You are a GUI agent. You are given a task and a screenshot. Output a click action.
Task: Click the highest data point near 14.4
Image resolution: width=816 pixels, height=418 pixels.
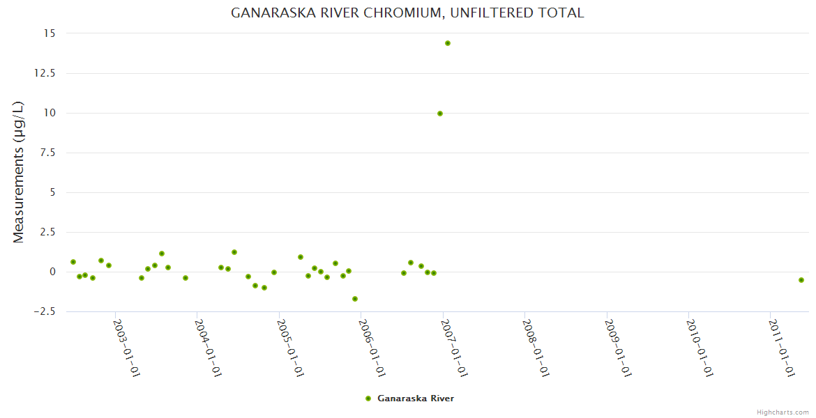[448, 43]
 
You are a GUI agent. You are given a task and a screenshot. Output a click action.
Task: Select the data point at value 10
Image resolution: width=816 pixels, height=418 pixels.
[440, 114]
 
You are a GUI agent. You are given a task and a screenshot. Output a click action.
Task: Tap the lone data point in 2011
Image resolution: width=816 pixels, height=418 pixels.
[801, 280]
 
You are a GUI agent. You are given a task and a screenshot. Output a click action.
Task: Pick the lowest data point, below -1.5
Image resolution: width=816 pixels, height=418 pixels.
[355, 299]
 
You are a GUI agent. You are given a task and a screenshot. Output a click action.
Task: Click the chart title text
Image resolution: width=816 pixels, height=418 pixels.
[407, 13]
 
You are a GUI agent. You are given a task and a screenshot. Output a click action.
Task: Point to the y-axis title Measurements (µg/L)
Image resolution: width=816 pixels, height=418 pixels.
[19, 172]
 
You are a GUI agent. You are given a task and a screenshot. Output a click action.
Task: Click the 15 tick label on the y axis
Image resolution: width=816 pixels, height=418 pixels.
[49, 33]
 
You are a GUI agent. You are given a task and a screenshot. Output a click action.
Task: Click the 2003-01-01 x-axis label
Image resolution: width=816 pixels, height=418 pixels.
[127, 348]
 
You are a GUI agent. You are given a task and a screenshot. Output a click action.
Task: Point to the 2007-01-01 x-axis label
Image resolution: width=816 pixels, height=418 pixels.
[454, 348]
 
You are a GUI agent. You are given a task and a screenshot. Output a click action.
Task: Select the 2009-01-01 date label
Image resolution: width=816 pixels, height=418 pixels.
[618, 348]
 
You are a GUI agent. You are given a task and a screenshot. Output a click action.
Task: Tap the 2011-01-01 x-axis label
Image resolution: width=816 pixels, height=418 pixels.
[782, 348]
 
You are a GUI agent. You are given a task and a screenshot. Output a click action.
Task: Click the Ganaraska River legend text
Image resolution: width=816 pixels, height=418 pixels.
[416, 398]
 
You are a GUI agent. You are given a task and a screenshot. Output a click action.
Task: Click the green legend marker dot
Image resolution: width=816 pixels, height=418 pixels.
[368, 398]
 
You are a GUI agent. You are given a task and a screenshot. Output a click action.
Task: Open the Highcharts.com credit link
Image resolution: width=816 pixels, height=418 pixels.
[783, 412]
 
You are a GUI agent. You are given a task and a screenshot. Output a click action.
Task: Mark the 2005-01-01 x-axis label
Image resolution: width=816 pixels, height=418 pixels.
[290, 348]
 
